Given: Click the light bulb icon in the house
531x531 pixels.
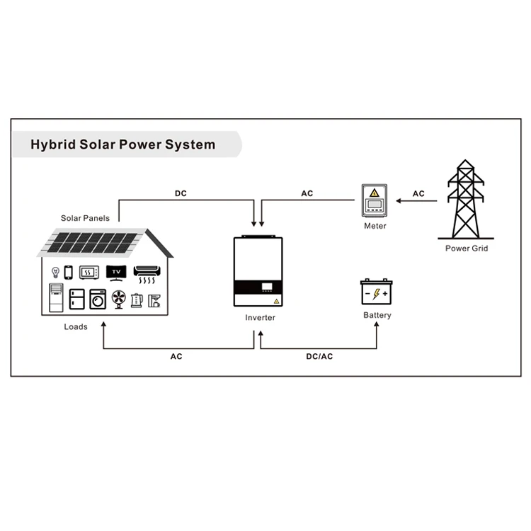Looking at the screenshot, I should point(55,272).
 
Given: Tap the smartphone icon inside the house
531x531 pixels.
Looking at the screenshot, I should point(69,272).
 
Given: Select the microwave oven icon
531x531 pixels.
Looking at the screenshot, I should point(89,273).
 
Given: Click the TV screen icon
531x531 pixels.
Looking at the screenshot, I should point(115,272).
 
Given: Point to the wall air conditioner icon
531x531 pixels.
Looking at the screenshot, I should point(147,270).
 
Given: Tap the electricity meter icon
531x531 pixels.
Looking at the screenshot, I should point(375,202).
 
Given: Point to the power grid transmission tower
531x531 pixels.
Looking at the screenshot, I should point(465,202).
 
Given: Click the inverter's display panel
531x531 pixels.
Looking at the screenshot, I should point(268,288).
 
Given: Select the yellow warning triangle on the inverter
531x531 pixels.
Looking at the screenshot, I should point(278,300).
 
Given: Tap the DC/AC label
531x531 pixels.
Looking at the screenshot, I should point(319,356).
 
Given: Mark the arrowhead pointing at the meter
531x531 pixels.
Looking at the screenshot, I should point(399,202).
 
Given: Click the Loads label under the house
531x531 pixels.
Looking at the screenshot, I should point(76,326).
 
